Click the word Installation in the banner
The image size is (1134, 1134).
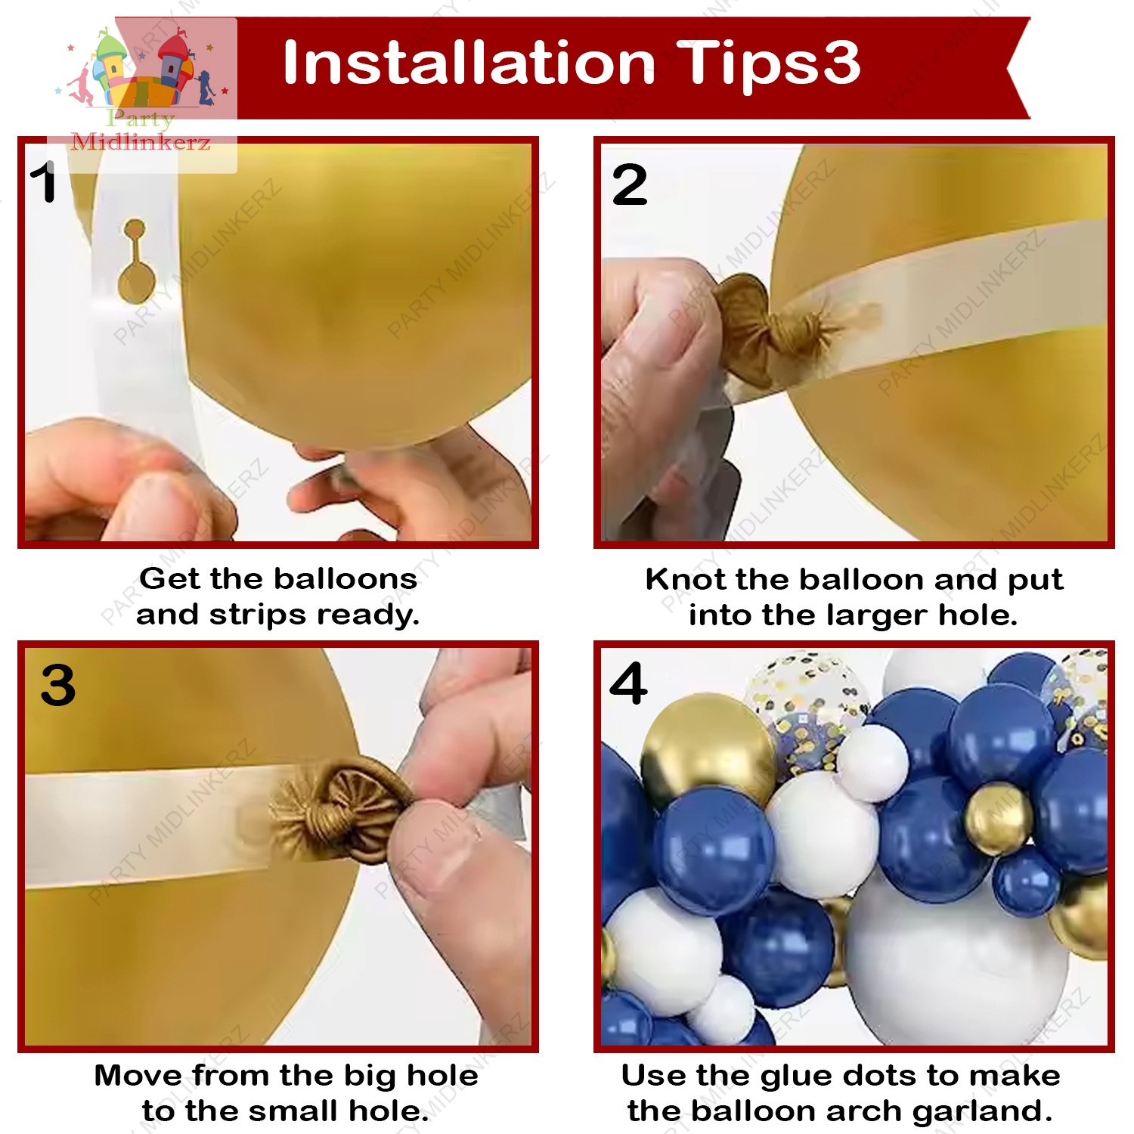point(469,63)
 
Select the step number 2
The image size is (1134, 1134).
point(630,184)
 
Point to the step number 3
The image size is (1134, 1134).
point(58,686)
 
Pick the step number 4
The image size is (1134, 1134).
point(628,683)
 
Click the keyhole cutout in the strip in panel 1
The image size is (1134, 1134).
point(135,260)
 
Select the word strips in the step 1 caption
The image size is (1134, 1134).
point(256,615)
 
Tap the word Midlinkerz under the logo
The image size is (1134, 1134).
point(141,141)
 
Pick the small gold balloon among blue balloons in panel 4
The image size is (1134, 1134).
point(998,819)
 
